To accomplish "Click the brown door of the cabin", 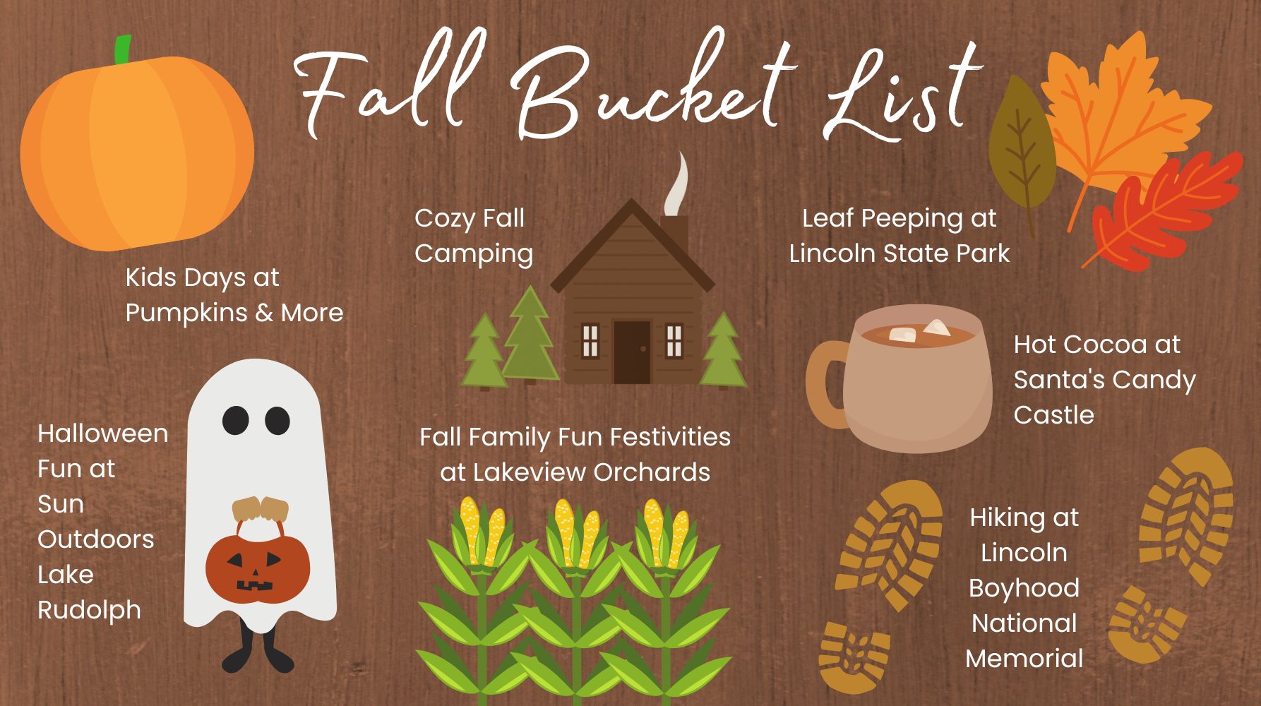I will pyautogui.click(x=631, y=352).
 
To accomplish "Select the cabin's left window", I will pyautogui.click(x=590, y=340).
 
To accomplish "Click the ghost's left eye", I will pyautogui.click(x=236, y=420).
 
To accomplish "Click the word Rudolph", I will pyautogui.click(x=89, y=610).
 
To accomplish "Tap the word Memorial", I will pyautogui.click(x=1024, y=659).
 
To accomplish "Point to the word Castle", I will pyautogui.click(x=1053, y=415).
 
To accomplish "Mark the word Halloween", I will pyautogui.click(x=102, y=433).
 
